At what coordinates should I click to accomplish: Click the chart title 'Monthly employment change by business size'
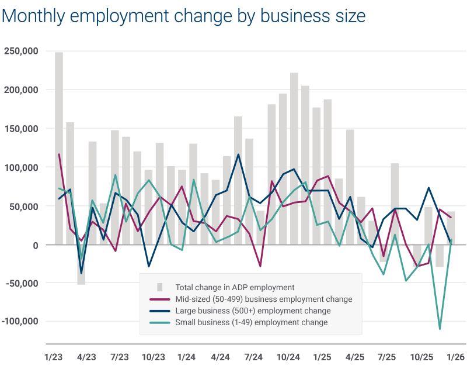[183, 15]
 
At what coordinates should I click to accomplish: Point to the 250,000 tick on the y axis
[21, 51]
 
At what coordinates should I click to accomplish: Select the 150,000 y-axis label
[21, 129]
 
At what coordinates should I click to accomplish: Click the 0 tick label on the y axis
[35, 245]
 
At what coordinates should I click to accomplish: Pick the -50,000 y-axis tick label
[22, 284]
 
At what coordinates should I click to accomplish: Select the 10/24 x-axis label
[288, 357]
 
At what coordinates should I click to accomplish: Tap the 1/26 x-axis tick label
[455, 357]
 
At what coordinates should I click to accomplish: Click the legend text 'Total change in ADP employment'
[235, 287]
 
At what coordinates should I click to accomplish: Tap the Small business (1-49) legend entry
[252, 322]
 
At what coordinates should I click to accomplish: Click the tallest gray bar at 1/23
[59, 146]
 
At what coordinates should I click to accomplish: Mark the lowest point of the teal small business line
[440, 329]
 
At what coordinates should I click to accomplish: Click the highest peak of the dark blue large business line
[238, 154]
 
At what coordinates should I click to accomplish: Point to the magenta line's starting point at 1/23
[59, 154]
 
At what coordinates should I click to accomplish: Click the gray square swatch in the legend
[159, 287]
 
